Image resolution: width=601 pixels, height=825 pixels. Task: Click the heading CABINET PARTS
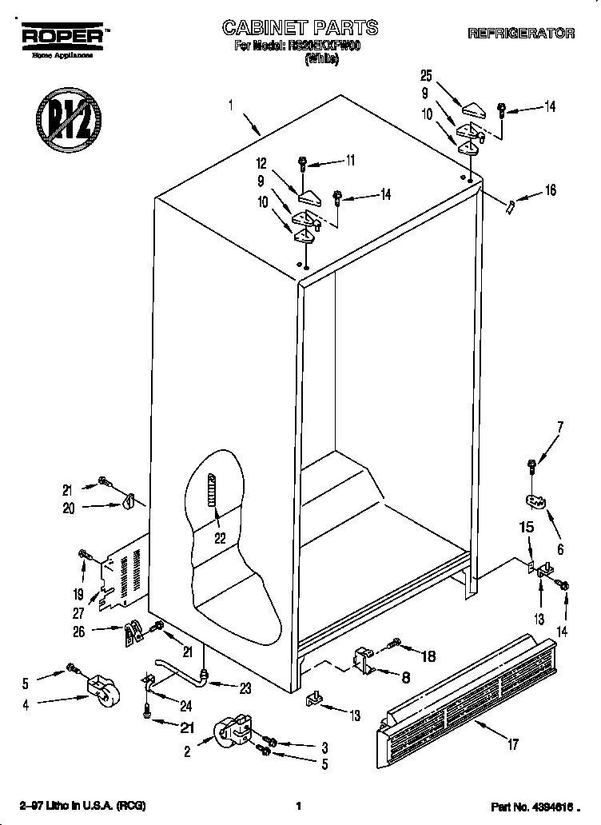(300, 27)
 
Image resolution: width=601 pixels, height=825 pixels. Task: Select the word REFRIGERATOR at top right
(520, 34)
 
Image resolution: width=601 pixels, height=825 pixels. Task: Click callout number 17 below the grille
(512, 745)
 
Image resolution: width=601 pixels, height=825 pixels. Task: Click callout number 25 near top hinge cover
(425, 76)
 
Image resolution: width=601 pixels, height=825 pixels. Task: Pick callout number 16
(550, 190)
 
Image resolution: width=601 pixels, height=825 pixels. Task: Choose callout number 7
(559, 427)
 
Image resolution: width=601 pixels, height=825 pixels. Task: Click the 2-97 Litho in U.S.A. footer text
(83, 806)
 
